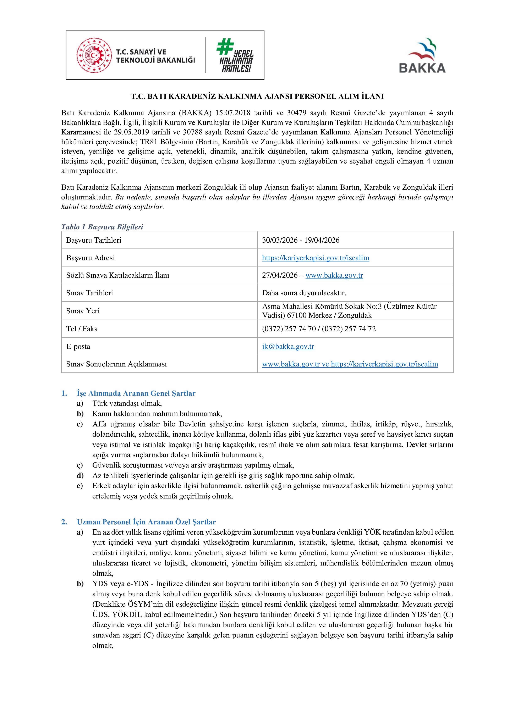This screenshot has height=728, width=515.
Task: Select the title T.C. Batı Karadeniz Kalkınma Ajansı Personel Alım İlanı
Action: click(257, 96)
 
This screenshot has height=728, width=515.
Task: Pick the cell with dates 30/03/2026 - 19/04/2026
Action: click(301, 240)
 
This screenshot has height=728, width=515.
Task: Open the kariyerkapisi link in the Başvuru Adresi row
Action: click(316, 258)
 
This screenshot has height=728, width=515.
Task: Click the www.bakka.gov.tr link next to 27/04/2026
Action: click(334, 275)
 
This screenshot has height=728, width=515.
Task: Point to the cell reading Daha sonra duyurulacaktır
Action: click(304, 293)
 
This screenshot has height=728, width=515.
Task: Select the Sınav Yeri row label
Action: click(83, 311)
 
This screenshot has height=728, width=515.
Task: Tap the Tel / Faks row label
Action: click(82, 329)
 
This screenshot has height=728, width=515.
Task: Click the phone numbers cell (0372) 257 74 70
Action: click(319, 329)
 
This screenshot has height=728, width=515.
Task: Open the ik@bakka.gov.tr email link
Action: click(288, 346)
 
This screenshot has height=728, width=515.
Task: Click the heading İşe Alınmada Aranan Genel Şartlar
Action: click(136, 393)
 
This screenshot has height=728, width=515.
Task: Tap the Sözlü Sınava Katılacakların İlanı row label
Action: click(118, 275)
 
